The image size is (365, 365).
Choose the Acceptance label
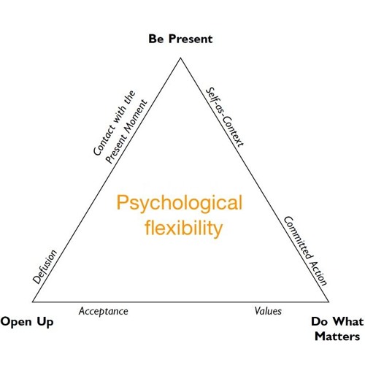[x=104, y=311]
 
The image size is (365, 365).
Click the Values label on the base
[x=268, y=311]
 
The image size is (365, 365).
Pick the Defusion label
[x=45, y=267]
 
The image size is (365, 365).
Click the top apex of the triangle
[x=181, y=56]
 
